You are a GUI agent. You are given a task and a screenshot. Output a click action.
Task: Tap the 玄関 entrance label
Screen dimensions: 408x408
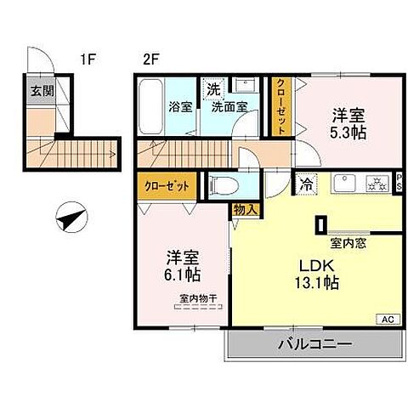click(x=40, y=92)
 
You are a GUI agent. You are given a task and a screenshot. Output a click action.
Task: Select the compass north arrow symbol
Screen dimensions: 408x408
click(x=71, y=219)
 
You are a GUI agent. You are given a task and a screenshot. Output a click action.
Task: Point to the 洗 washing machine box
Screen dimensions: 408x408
click(x=212, y=88)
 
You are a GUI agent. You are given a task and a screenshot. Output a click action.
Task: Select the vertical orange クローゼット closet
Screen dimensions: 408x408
click(x=280, y=106)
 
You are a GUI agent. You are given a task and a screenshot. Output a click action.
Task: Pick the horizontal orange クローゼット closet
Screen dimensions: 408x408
click(x=165, y=184)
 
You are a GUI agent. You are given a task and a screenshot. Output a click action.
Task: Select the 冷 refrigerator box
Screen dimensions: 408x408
click(x=304, y=182)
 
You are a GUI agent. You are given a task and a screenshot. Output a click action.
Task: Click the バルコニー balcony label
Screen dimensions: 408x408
click(x=314, y=345)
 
